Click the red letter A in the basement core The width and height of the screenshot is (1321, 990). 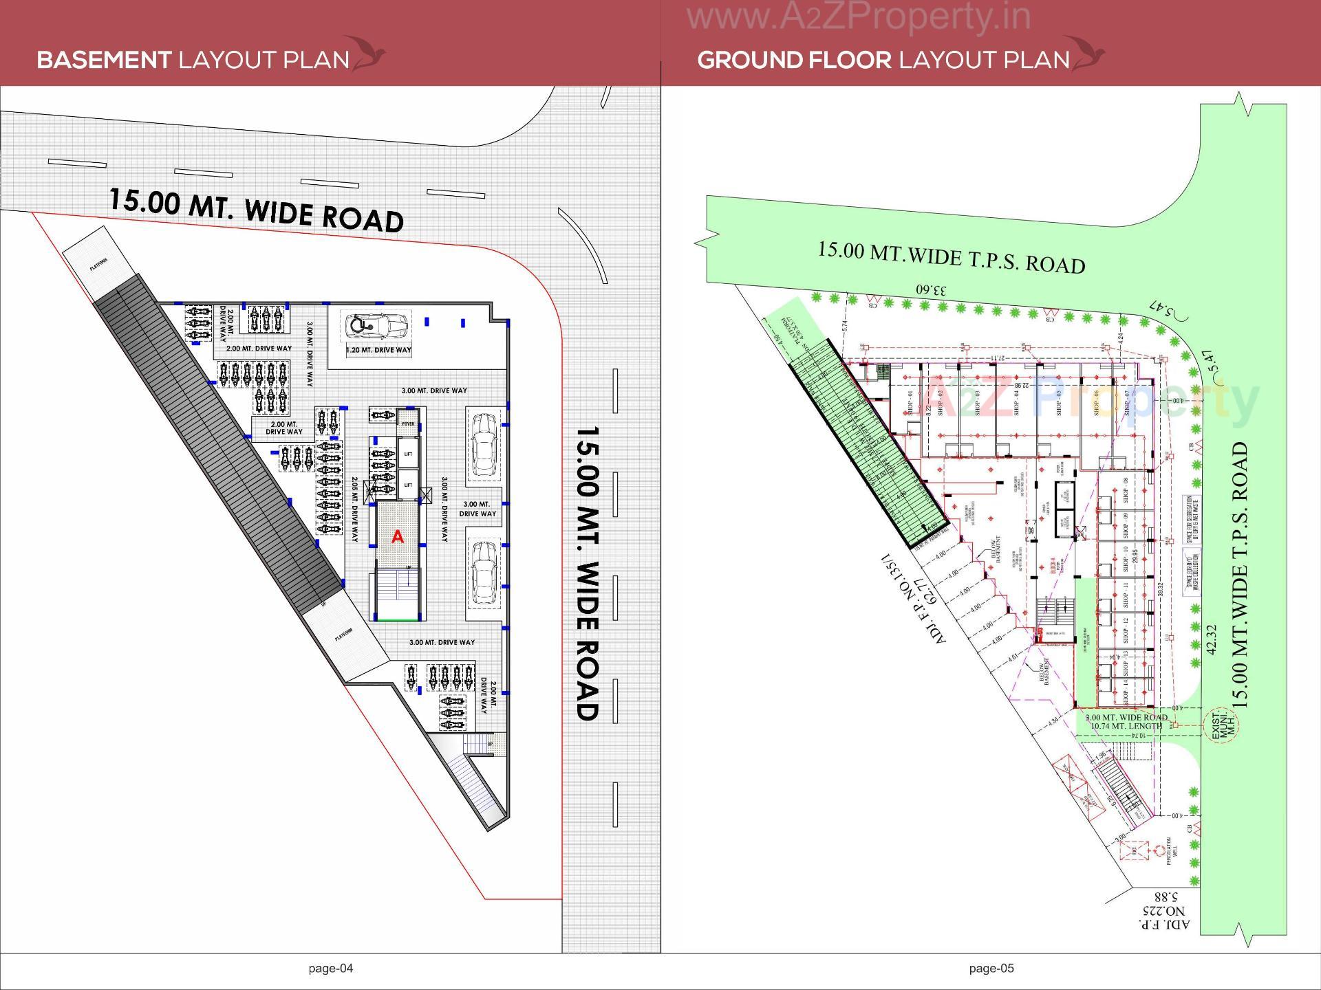tap(398, 537)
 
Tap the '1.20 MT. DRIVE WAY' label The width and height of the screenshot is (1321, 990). tap(378, 350)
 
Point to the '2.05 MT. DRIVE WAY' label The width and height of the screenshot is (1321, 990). tap(354, 509)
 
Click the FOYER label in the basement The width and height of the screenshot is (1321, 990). tap(408, 424)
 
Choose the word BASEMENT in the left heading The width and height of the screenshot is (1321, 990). tap(104, 60)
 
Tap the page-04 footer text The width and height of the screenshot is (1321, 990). tap(331, 968)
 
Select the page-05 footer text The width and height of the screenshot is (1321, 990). tap(991, 968)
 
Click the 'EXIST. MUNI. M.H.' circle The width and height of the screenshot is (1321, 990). tap(1220, 724)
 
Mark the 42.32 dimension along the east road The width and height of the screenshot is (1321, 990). tap(1212, 639)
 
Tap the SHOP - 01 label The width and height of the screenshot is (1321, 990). tap(910, 404)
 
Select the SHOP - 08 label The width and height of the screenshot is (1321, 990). tap(1126, 489)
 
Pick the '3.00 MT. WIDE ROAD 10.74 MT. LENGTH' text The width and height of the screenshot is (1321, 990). tap(1126, 721)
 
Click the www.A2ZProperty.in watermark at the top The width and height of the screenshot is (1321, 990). tap(859, 16)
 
